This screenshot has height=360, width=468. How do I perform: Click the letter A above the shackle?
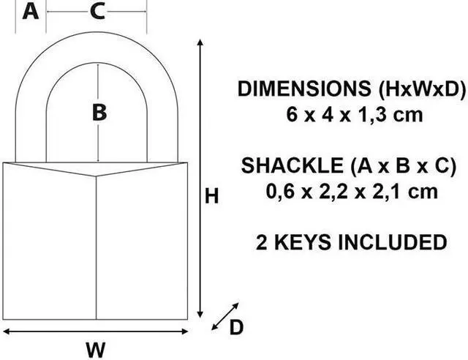click(31, 12)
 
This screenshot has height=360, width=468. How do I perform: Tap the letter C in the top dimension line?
click(97, 12)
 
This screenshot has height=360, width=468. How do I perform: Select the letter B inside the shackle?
click(99, 113)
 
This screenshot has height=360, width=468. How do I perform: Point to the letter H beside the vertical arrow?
click(211, 196)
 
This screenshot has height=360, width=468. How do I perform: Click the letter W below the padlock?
click(96, 350)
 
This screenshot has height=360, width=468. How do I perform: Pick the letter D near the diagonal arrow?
click(236, 327)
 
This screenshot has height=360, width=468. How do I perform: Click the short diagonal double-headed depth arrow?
click(225, 316)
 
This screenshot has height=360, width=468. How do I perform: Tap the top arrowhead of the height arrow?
click(200, 42)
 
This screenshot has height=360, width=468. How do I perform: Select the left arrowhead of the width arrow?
click(6, 331)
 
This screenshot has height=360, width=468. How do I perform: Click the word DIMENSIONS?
click(304, 89)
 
